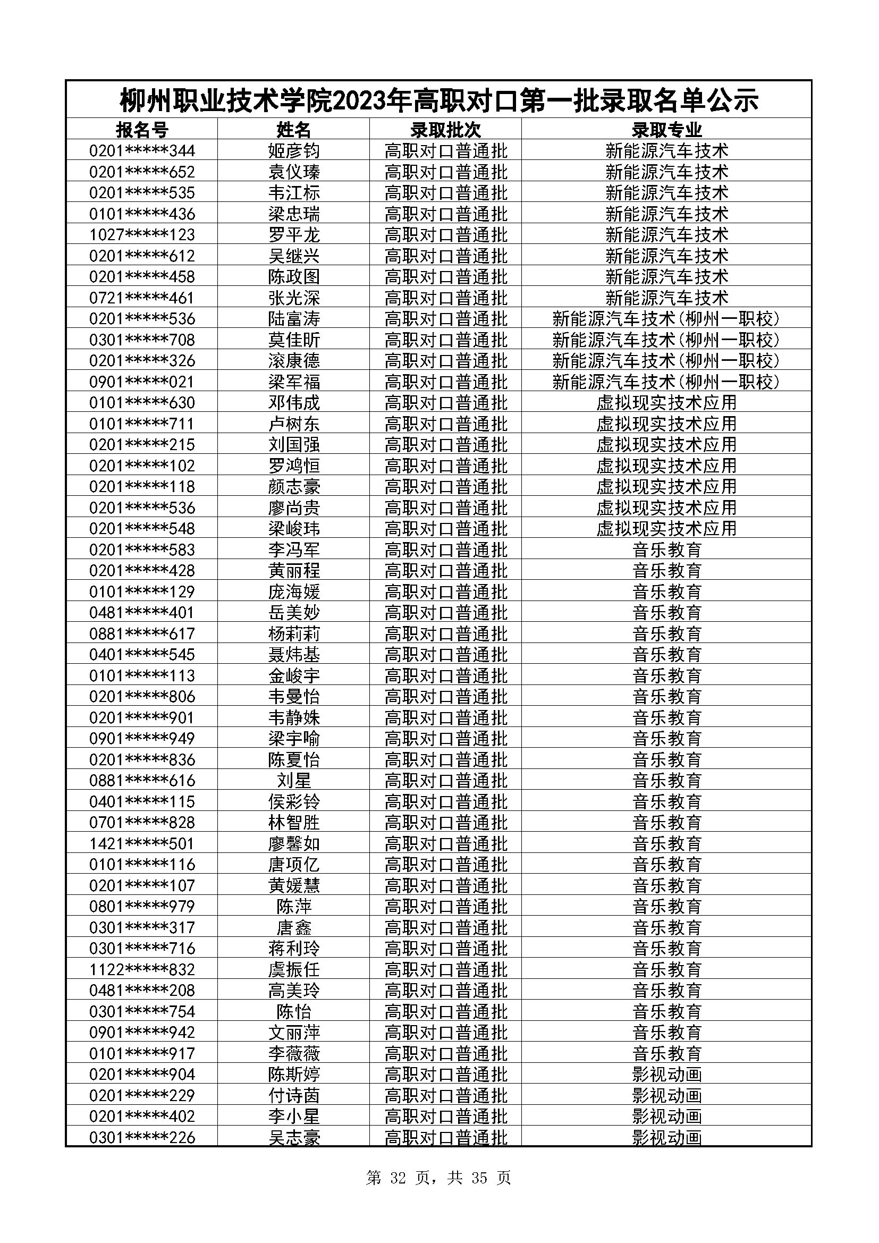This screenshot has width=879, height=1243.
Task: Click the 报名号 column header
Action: pos(142,130)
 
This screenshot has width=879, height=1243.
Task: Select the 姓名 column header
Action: pos(294,130)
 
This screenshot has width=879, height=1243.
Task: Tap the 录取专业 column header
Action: pos(666,130)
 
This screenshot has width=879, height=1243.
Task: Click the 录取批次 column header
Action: pos(445,130)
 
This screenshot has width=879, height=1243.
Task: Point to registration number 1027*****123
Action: pos(142,235)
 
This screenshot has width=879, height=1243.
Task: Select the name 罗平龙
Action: pos(294,235)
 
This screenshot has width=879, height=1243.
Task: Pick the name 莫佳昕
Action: pos(294,340)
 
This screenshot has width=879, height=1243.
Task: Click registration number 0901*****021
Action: pos(142,382)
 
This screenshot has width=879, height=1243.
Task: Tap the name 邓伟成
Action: pos(294,403)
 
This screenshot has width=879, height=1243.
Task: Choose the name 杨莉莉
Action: pos(294,634)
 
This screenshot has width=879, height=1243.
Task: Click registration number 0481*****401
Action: pos(142,613)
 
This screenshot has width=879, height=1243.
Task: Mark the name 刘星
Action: pos(294,781)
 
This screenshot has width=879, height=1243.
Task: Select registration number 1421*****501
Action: pos(142,844)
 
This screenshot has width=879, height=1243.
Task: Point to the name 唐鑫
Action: pos(294,928)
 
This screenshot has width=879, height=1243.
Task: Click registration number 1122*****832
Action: pos(142,970)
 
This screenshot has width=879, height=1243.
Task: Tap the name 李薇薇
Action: pos(294,1053)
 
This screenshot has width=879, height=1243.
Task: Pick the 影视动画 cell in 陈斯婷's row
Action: pos(666,1075)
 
